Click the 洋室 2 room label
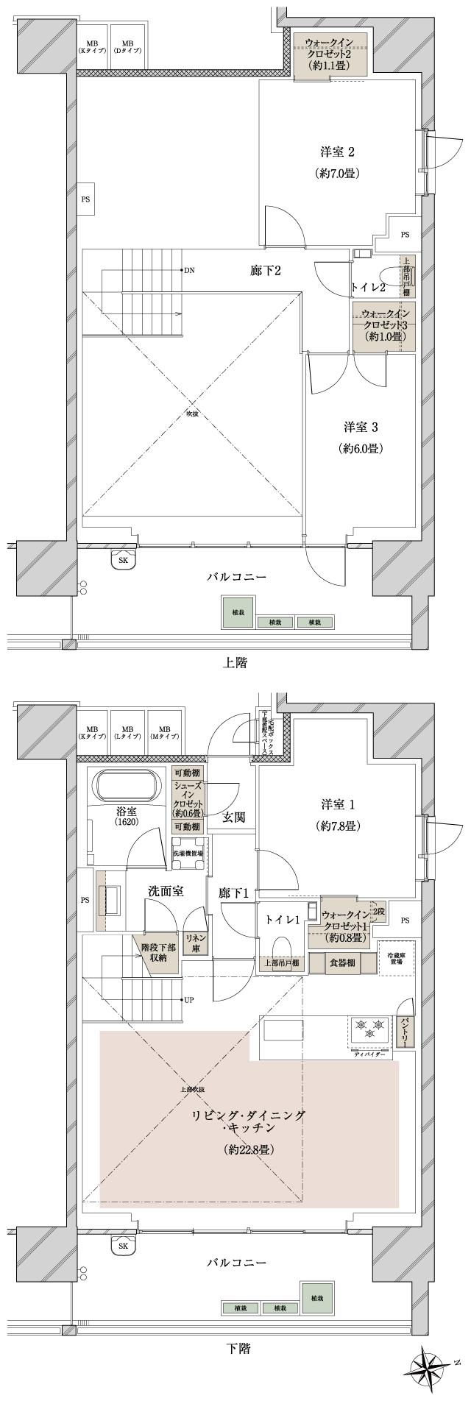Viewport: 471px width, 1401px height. point(339,152)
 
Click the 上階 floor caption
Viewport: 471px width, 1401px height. point(235,663)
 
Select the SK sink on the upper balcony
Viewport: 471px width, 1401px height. point(123,560)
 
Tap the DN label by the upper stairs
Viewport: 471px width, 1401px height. point(190,270)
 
